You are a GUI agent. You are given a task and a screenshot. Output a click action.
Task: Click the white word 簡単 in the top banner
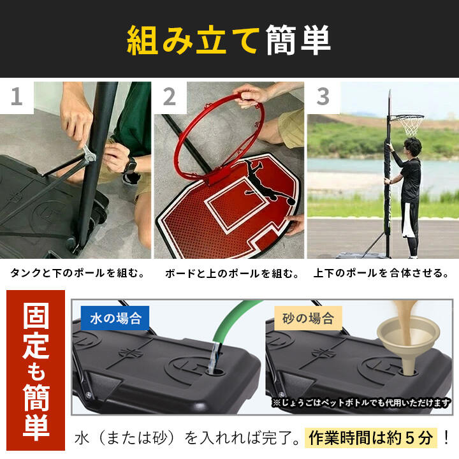pyautogui.click(x=298, y=40)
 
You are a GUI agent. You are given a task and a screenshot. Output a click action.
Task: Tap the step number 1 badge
pyautogui.click(x=17, y=97)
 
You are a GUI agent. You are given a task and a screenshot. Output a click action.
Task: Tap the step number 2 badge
pyautogui.click(x=170, y=97)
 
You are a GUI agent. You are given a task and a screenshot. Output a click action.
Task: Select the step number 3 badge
pyautogui.click(x=323, y=97)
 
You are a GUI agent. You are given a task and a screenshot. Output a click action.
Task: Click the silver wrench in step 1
pyautogui.click(x=89, y=153)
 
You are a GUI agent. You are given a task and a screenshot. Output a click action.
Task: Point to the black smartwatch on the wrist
pyautogui.click(x=130, y=166)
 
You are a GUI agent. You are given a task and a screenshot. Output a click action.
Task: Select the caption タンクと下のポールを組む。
pyautogui.click(x=78, y=273)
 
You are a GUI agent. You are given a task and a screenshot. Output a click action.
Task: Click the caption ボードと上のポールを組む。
pyautogui.click(x=232, y=273)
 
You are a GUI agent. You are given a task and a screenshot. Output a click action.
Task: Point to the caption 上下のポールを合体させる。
pyautogui.click(x=381, y=273)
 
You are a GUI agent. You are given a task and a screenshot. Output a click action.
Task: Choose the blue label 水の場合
pyautogui.click(x=115, y=318)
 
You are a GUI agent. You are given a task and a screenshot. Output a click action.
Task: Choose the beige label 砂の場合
pyautogui.click(x=309, y=318)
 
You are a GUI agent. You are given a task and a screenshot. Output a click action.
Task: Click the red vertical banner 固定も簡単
pyautogui.click(x=36, y=370)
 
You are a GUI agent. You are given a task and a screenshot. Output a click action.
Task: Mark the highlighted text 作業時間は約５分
pyautogui.click(x=370, y=438)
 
